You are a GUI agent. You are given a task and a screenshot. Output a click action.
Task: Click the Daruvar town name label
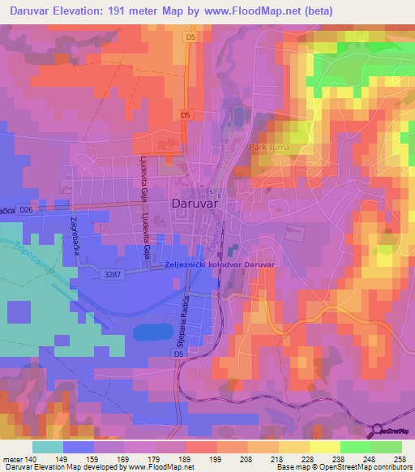[x=197, y=205]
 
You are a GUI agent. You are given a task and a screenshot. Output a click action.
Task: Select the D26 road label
[x=28, y=210]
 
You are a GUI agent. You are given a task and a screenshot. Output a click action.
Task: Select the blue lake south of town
[x=153, y=332]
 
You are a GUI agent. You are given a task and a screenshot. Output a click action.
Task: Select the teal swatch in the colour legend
[x=48, y=447]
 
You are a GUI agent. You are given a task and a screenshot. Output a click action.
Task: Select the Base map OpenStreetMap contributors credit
[x=342, y=467]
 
